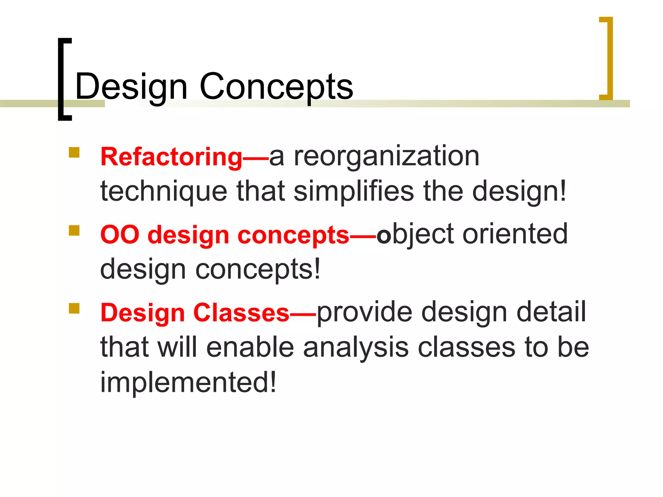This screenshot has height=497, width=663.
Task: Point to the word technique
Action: pyautogui.click(x=164, y=192)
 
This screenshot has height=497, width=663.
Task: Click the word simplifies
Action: pyautogui.click(x=354, y=192)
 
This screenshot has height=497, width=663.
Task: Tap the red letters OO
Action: pyautogui.click(x=119, y=235)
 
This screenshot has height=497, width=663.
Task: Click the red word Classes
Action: pyautogui.click(x=241, y=313)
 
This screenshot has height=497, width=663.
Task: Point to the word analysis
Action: pyautogui.click(x=355, y=348)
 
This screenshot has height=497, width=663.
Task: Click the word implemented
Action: pyautogui.click(x=184, y=382)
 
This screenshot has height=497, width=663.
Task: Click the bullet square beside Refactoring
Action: pyautogui.click(x=74, y=152)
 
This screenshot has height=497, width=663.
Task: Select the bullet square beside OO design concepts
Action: pyautogui.click(x=74, y=231)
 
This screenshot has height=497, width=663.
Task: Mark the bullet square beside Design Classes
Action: pyautogui.click(x=74, y=308)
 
